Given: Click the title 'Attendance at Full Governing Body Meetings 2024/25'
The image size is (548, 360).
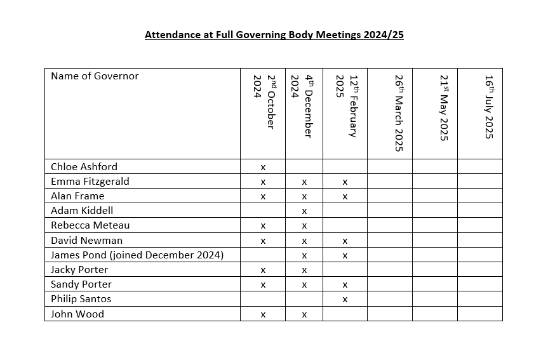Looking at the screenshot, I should tap(274, 35).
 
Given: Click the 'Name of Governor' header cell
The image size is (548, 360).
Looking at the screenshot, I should tap(95, 76).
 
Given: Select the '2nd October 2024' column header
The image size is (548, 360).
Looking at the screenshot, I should tap(263, 102).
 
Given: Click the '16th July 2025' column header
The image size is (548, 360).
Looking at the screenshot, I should tap(489, 107).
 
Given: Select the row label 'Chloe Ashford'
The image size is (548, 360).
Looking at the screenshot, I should tap(84, 167).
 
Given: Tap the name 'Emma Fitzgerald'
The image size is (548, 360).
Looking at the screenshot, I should tap(90, 182).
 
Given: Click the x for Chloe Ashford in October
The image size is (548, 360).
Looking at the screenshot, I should tap(263, 168).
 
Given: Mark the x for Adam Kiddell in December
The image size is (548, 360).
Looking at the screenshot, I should tap(304, 211).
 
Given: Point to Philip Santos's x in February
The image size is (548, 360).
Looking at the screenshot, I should tap(345, 300).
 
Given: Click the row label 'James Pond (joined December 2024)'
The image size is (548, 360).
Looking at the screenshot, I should tap(137, 255).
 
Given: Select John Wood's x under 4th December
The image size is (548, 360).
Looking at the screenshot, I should tap(304, 314).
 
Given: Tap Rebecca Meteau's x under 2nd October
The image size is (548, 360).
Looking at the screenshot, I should tap(263, 226).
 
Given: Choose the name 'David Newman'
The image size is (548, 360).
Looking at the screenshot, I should tap(87, 241).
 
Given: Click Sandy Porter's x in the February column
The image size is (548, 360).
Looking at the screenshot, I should tap(345, 285).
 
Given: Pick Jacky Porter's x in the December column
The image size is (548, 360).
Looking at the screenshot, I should tap(304, 270).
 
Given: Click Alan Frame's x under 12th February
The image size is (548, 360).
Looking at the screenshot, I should tap(345, 197).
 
